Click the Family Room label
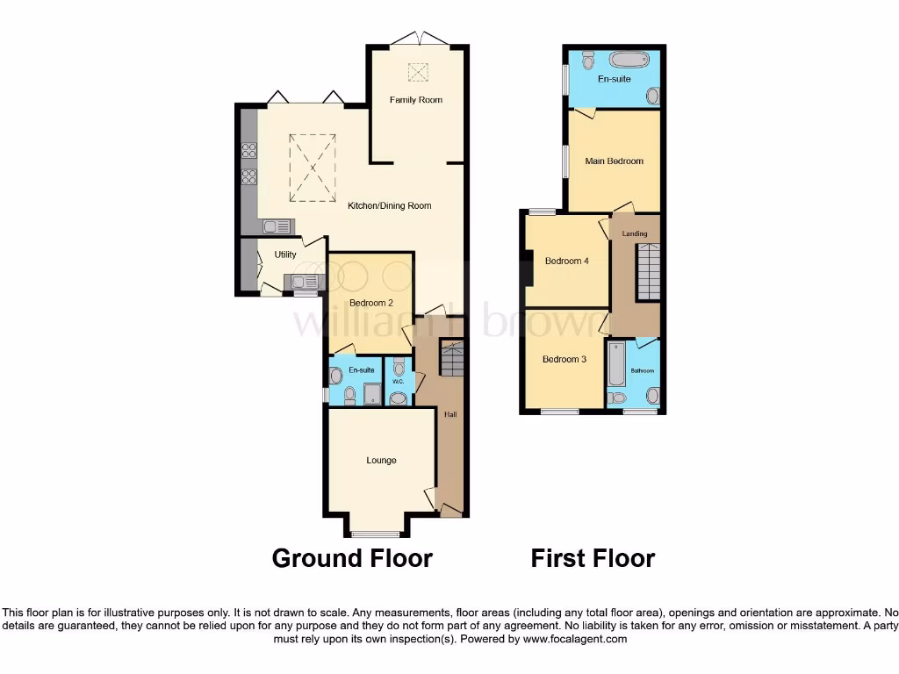click(416, 100)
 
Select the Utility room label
click(285, 255)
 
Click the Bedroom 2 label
click(370, 303)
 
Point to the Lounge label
click(381, 460)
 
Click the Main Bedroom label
click(614, 161)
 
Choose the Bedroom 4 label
click(566, 261)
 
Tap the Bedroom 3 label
click(564, 359)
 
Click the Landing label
click(635, 233)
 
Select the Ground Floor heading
click(352, 558)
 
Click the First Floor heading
click(593, 558)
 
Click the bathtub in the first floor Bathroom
click(616, 365)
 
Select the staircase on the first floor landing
click(647, 272)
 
